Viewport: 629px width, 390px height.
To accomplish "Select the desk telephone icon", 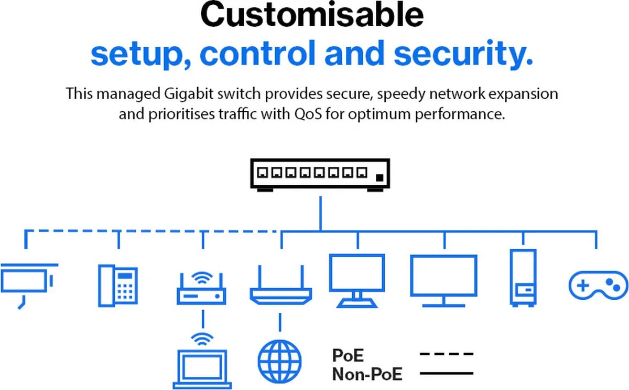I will coord(118,286).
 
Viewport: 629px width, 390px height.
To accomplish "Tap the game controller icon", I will coord(595,286).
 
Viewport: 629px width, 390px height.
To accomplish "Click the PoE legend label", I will coord(348,355).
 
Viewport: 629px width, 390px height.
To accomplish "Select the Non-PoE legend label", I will coord(367,374).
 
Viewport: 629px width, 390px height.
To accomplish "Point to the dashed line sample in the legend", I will coord(446,354).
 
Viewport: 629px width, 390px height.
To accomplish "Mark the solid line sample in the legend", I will coord(446,374).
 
